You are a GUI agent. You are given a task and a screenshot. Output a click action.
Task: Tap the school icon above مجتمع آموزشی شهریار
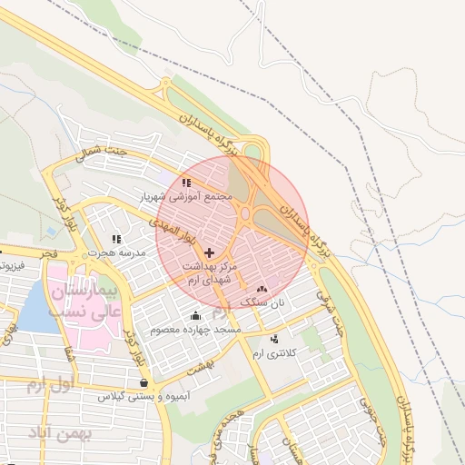(186, 183)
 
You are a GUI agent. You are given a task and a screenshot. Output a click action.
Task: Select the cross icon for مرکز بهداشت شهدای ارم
(210, 252)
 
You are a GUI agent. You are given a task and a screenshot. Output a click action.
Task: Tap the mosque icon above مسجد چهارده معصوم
(196, 315)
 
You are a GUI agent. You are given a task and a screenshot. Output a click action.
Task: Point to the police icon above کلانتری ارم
(274, 339)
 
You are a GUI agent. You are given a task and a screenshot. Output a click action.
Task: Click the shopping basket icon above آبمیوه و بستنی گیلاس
(144, 383)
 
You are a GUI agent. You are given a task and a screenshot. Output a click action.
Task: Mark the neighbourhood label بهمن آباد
(61, 434)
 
